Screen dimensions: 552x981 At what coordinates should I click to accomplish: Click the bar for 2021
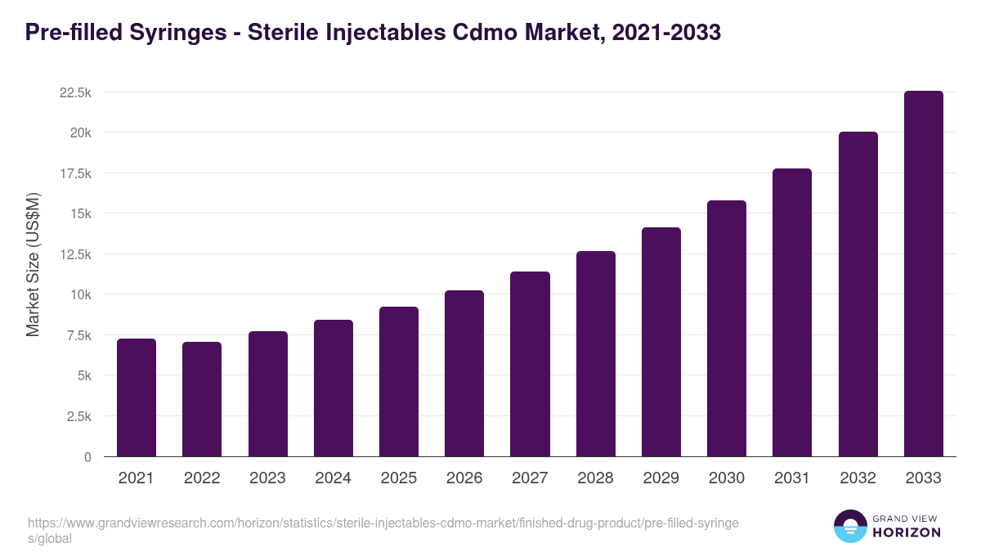point(137,397)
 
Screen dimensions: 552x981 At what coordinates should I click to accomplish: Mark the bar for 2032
point(858,294)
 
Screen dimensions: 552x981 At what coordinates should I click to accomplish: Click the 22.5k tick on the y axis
point(75,92)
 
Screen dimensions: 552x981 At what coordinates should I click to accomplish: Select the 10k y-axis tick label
point(80,294)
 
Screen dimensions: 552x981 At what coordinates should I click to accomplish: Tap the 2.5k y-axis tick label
point(78,416)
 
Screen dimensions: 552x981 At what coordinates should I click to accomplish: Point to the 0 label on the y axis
point(87,457)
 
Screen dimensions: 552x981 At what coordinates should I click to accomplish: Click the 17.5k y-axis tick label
point(75,173)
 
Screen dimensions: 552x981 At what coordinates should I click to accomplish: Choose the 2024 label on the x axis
point(333,478)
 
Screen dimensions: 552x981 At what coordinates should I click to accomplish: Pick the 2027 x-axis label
point(530,478)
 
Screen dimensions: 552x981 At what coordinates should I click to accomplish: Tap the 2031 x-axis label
point(792,478)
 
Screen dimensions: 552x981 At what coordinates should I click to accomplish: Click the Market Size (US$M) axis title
point(33,264)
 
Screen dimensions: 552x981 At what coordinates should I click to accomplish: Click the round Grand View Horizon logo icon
point(849,526)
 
